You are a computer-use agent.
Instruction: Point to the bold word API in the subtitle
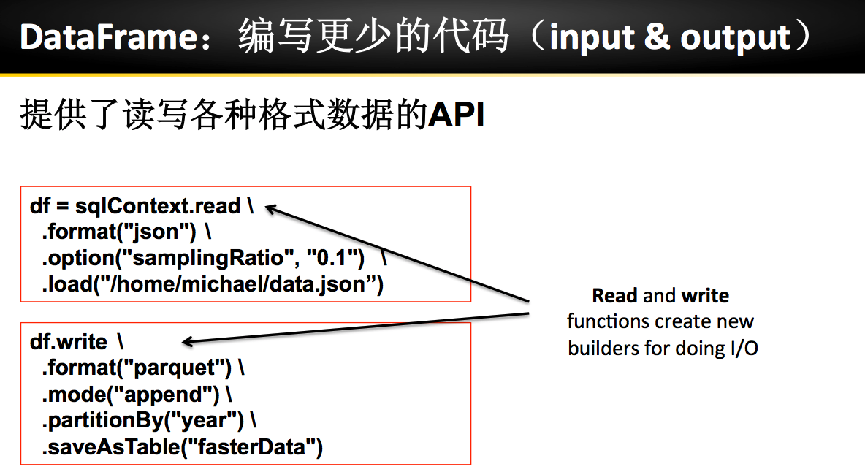click(x=457, y=115)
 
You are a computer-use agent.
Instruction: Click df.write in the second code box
click(x=69, y=342)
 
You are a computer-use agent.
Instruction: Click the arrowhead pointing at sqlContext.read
click(x=270, y=209)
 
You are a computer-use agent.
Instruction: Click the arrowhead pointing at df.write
click(x=187, y=341)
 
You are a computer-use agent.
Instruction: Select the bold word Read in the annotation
click(x=615, y=296)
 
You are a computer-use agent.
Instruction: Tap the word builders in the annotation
click(x=603, y=348)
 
